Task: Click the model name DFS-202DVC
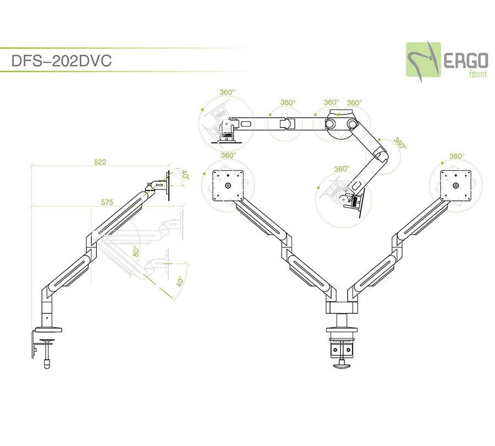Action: tap(62, 61)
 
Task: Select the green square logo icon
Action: tap(424, 59)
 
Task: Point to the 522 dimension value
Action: tap(100, 162)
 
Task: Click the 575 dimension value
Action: tap(107, 203)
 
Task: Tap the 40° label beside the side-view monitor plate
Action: tap(185, 176)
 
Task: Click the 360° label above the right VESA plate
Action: tap(457, 156)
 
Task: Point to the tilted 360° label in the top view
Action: tap(400, 143)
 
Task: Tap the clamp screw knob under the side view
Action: tap(46, 364)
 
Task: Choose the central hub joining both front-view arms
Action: tap(342, 308)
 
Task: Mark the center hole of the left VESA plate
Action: tap(227, 186)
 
